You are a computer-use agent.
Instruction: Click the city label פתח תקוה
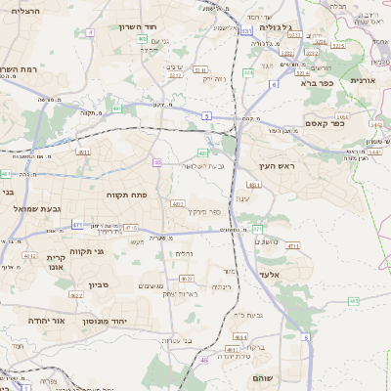point(127,195)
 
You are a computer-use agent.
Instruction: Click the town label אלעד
point(271,276)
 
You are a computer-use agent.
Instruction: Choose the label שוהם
point(264,377)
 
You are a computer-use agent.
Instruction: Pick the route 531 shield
point(246,31)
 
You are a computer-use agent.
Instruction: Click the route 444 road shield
point(248,72)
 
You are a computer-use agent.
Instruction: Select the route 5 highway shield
point(206,115)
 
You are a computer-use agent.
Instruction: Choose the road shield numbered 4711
point(292,246)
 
